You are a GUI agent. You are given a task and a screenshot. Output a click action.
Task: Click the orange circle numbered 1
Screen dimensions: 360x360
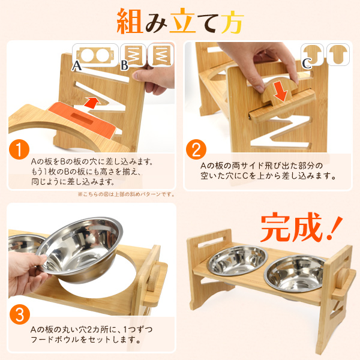point(19,149)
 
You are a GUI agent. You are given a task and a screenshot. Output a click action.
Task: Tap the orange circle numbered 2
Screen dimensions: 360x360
point(196,149)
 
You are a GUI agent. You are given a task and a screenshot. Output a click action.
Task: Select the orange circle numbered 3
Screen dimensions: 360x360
point(20,314)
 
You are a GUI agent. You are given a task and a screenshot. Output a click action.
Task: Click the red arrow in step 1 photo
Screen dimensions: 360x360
point(92,103)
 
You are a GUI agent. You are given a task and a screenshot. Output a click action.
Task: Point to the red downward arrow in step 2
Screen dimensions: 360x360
point(280,90)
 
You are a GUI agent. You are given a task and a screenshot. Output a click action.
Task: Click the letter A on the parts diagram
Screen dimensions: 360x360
point(77,66)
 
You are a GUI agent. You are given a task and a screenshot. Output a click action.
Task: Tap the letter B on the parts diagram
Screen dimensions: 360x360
point(124,66)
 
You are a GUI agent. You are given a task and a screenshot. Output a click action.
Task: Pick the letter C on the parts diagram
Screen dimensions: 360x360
point(307,64)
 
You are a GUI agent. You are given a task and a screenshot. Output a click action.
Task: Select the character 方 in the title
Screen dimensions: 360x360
point(232,22)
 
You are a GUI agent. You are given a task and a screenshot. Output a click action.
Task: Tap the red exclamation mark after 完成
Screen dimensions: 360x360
point(335,227)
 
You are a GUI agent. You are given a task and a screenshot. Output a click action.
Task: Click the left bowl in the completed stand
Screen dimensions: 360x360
point(238,260)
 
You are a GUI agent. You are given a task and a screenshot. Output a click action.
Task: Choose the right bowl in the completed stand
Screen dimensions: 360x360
point(295,273)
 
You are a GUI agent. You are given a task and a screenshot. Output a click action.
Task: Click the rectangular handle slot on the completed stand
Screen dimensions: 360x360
point(211,242)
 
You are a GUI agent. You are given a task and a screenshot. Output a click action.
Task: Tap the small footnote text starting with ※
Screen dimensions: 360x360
point(126,194)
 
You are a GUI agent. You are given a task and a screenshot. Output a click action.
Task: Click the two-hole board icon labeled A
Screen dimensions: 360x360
point(95,56)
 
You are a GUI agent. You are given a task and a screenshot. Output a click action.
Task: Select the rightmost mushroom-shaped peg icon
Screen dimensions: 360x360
point(338,55)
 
